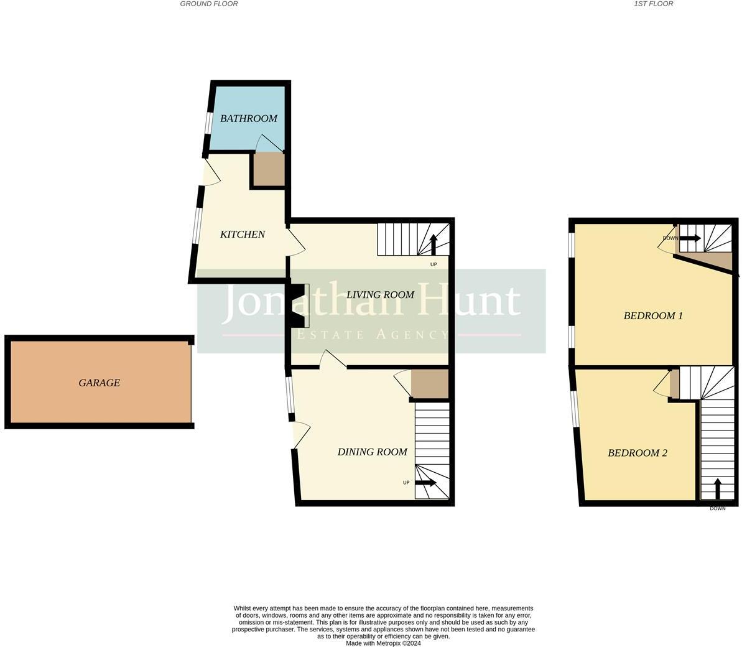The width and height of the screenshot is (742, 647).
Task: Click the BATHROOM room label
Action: pyautogui.click(x=248, y=118)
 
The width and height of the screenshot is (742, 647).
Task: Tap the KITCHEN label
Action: pyautogui.click(x=243, y=235)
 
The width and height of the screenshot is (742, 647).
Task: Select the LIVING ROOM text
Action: pyautogui.click(x=380, y=295)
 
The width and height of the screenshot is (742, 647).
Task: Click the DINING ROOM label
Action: pyautogui.click(x=372, y=452)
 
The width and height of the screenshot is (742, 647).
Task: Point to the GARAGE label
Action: pyautogui.click(x=99, y=383)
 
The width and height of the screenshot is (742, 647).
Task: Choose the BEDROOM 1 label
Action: pyautogui.click(x=653, y=316)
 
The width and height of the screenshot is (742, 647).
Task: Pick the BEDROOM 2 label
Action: pyautogui.click(x=637, y=453)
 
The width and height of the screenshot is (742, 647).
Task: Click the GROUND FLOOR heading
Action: pyautogui.click(x=209, y=4)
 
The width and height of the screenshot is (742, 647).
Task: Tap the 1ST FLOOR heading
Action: pyautogui.click(x=653, y=4)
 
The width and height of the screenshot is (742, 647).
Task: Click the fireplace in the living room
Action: pyautogui.click(x=299, y=305)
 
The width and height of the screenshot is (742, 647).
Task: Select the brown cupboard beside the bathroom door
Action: pyautogui.click(x=269, y=169)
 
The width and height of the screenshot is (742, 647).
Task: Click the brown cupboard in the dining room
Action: pyautogui.click(x=430, y=384)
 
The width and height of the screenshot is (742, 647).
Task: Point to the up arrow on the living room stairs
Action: pyautogui.click(x=433, y=244)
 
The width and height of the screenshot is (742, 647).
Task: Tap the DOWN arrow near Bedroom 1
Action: pyautogui.click(x=689, y=238)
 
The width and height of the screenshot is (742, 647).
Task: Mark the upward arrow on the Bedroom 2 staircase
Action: pyautogui.click(x=717, y=489)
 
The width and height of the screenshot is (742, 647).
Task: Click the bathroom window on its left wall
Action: pyautogui.click(x=208, y=123)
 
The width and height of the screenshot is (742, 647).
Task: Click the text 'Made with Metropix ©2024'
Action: pyautogui.click(x=383, y=643)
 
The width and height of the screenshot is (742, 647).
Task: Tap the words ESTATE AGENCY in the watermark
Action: pyautogui.click(x=371, y=335)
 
